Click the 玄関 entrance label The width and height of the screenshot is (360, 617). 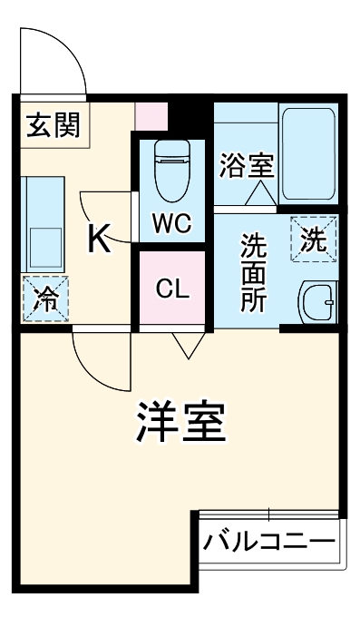click(53, 125)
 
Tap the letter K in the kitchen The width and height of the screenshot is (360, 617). click(99, 239)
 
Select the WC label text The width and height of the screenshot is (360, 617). click(170, 224)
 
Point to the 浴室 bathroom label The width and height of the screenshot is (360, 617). click(246, 165)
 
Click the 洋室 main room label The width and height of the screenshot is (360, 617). click(181, 420)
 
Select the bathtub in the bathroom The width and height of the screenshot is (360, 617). click(310, 153)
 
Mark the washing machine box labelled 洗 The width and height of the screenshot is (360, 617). click(313, 240)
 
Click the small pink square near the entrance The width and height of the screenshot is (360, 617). click(151, 114)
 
